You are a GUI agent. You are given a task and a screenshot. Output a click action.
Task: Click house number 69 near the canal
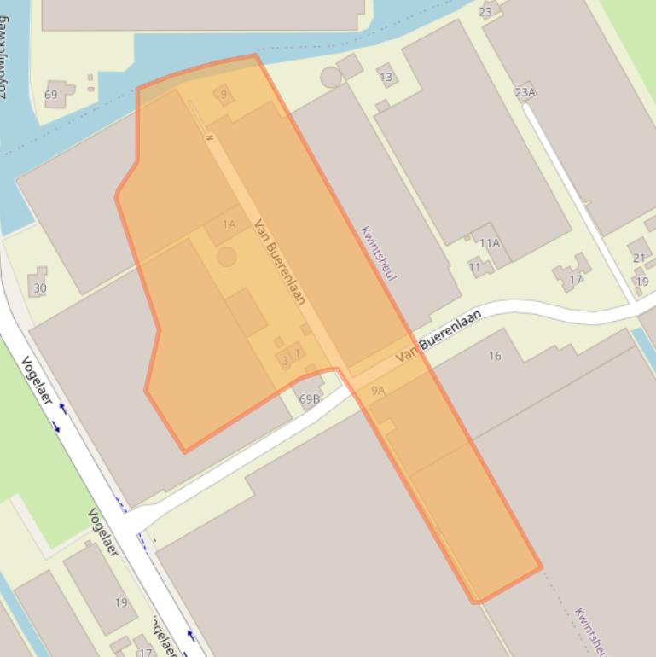click(51, 95)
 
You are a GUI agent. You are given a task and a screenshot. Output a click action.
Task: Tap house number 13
click(386, 78)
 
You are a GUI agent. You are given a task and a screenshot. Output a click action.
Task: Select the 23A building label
click(525, 92)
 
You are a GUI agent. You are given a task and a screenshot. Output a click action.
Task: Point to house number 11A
click(489, 243)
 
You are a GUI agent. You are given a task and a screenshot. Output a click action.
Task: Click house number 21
click(639, 258)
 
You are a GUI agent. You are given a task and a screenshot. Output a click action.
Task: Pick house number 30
click(39, 288)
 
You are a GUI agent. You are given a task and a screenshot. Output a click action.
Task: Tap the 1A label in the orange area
click(229, 224)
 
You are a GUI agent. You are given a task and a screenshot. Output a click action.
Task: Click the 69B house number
click(310, 398)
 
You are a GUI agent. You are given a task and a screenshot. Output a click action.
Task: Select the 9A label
click(378, 391)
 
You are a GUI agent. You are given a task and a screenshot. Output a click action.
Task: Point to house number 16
click(495, 356)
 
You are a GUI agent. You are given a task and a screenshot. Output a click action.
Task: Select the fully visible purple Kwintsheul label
click(379, 253)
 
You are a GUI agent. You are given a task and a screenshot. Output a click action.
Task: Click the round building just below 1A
click(227, 257)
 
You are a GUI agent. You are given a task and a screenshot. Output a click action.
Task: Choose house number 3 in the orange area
click(285, 360)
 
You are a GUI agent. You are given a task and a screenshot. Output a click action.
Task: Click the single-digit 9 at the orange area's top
click(224, 95)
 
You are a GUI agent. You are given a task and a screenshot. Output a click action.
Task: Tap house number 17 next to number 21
click(576, 279)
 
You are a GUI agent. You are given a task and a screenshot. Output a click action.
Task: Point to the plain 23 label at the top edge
click(485, 12)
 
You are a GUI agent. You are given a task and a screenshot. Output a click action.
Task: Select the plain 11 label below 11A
click(474, 267)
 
